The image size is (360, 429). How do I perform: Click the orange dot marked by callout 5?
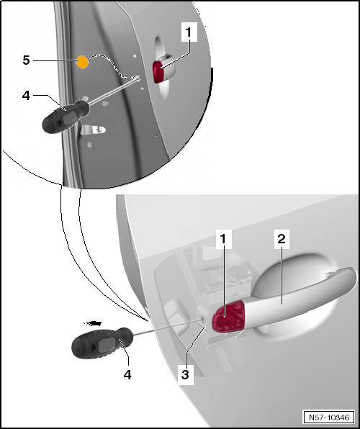[82, 62]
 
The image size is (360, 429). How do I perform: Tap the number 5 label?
[26, 60]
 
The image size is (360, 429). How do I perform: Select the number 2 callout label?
[282, 239]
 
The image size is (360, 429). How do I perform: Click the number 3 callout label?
[185, 374]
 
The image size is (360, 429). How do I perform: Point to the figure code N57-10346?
[329, 417]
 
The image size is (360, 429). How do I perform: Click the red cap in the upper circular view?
[158, 72]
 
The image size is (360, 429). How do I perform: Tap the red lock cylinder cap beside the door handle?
[228, 317]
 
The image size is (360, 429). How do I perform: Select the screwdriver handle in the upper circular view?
[66, 117]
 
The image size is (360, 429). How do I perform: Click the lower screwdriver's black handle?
[102, 343]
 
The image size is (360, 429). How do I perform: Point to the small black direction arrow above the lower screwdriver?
[93, 323]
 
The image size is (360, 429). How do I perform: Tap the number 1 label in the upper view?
[189, 32]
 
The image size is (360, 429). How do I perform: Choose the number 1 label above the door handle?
[223, 239]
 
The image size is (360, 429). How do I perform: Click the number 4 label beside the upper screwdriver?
[26, 96]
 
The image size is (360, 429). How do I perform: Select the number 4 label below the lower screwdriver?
[127, 374]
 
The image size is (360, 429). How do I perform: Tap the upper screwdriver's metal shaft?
[114, 91]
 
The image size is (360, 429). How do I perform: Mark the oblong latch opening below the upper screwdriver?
[93, 130]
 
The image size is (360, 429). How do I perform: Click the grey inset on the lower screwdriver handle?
[107, 344]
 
